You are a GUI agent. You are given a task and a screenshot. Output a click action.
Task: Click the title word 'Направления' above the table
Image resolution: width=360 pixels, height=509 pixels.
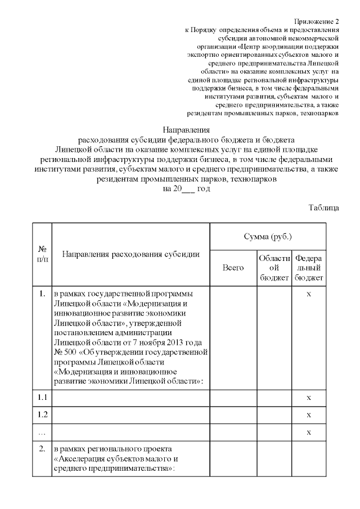point(186,129)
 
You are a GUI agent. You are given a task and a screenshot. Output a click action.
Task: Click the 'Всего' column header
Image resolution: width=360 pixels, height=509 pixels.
point(233,268)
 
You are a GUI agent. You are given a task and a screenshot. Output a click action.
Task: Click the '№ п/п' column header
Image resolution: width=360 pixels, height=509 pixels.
point(42,254)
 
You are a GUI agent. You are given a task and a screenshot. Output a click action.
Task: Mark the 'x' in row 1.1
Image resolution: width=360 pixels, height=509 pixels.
point(309,398)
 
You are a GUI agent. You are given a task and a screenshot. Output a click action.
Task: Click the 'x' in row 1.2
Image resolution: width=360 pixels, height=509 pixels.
point(309,415)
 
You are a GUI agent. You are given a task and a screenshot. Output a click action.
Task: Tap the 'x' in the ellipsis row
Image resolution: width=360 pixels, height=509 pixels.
point(309,433)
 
